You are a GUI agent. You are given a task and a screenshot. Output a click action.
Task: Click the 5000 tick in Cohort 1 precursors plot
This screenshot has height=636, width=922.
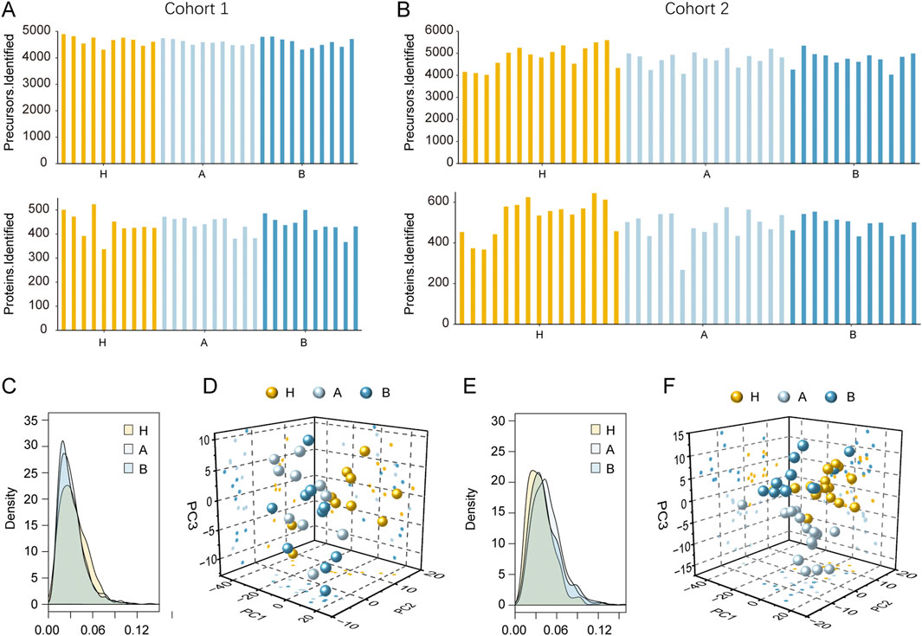(x=39, y=31)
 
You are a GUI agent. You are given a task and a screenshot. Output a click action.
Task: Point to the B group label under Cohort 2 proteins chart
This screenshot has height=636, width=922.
(x=854, y=334)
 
